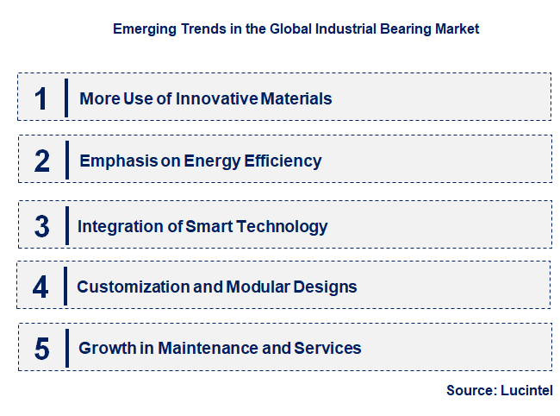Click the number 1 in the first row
point(41,98)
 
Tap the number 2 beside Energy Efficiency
point(42,161)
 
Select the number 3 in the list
point(42,226)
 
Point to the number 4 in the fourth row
point(41,287)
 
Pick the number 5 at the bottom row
point(42,349)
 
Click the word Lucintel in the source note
point(526,391)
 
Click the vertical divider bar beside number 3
point(66,225)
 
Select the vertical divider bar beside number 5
point(66,348)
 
